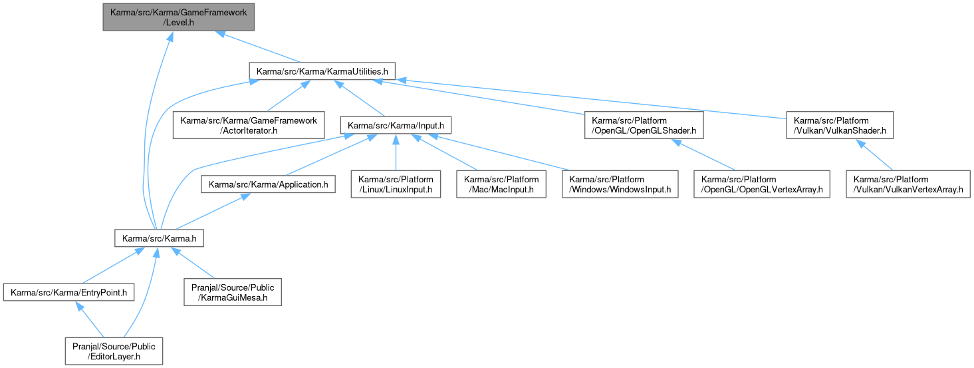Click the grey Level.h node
[178, 17]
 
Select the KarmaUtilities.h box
[322, 71]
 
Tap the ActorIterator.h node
[249, 125]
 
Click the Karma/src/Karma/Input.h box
[396, 125]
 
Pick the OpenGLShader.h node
[644, 125]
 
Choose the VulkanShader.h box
[840, 125]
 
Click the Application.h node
[269, 184]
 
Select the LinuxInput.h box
[396, 184]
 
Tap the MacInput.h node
[501, 184]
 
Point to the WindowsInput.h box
[620, 184]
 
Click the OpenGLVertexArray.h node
[762, 184]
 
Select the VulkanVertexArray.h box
[908, 184]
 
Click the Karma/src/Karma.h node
[159, 238]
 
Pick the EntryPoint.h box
[68, 292]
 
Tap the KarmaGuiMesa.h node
[233, 292]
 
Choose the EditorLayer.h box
[114, 351]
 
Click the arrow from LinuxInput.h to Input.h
[396, 152]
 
